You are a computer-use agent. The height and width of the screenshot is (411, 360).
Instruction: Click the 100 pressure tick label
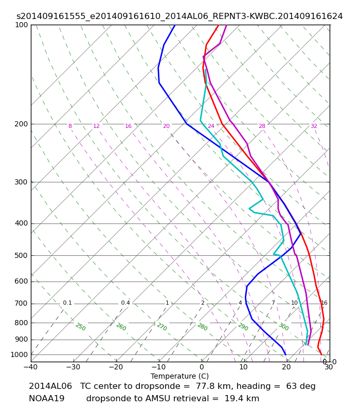[21, 25]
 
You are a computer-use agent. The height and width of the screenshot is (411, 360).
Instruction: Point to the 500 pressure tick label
[21, 255]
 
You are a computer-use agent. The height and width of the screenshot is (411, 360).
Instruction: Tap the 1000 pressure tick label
[19, 354]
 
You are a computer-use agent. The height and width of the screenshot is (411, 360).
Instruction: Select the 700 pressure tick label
[21, 304]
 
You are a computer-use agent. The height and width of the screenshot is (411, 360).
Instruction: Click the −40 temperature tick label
[31, 367]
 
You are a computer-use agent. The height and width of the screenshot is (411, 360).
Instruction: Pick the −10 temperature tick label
[159, 367]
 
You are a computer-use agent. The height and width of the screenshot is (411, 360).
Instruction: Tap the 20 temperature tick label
[286, 367]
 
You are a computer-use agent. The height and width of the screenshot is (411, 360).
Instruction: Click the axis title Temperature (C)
[179, 376]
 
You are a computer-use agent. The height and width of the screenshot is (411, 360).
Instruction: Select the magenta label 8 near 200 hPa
[70, 126]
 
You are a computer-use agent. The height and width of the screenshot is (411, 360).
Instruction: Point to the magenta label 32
[314, 126]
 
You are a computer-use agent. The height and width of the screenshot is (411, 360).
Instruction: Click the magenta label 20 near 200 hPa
[166, 126]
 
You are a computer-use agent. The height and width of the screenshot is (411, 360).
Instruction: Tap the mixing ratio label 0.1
[67, 303]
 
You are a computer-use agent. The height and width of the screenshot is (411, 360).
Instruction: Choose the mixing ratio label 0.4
[125, 303]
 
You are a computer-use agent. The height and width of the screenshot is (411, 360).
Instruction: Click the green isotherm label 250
[81, 327]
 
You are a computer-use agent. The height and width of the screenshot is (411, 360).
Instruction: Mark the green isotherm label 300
[284, 327]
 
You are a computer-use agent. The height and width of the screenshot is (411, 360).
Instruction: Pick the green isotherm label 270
[162, 327]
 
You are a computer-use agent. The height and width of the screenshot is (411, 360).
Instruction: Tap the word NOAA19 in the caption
[47, 399]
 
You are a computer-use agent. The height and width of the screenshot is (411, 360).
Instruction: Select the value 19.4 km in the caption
[242, 399]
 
